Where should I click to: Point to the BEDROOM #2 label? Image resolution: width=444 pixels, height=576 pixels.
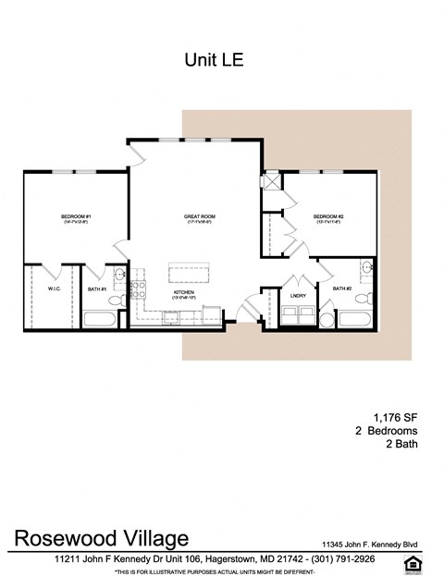pos(328,217)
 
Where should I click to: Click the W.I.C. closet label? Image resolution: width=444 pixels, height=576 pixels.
pos(54,288)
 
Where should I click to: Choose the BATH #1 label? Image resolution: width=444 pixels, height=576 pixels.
pos(97,288)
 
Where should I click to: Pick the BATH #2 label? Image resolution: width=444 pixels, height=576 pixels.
pos(342,288)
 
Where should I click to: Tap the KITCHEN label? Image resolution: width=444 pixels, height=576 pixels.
pos(183,293)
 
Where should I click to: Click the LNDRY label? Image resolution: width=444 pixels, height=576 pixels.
pos(298,295)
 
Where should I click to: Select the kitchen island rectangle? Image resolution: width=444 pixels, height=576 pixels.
pos(186,275)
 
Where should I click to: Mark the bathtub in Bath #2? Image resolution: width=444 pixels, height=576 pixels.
pos(353,320)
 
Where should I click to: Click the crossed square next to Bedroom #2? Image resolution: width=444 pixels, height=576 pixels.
pos(272,181)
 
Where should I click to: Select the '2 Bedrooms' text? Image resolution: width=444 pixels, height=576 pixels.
pos(387,430)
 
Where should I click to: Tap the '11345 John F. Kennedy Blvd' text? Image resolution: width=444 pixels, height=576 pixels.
pos(379,544)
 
